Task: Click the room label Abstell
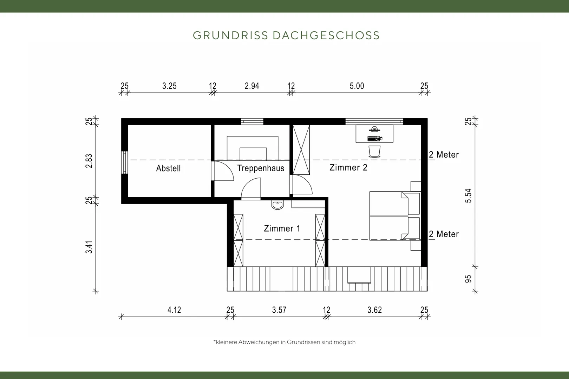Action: tap(168, 168)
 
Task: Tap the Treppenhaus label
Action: tap(261, 168)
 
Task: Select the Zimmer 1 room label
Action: tap(282, 228)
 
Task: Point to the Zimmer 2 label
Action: tap(348, 167)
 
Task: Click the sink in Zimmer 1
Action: tap(277, 205)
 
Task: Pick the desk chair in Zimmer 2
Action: tap(374, 152)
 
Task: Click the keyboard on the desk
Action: tap(374, 139)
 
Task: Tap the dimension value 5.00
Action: tap(357, 86)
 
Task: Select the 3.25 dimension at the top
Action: tap(169, 86)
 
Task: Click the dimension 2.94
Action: tap(252, 86)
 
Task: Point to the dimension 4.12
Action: tap(174, 310)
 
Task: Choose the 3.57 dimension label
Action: tap(279, 310)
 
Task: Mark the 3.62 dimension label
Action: tap(374, 310)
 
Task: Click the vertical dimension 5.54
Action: tap(468, 196)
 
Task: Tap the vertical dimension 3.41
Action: tap(89, 247)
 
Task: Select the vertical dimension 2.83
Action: tap(89, 161)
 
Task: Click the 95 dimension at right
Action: tap(468, 279)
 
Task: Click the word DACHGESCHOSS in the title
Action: tap(326, 35)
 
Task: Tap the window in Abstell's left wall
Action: tap(124, 162)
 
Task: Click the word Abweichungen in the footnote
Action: tap(259, 342)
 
